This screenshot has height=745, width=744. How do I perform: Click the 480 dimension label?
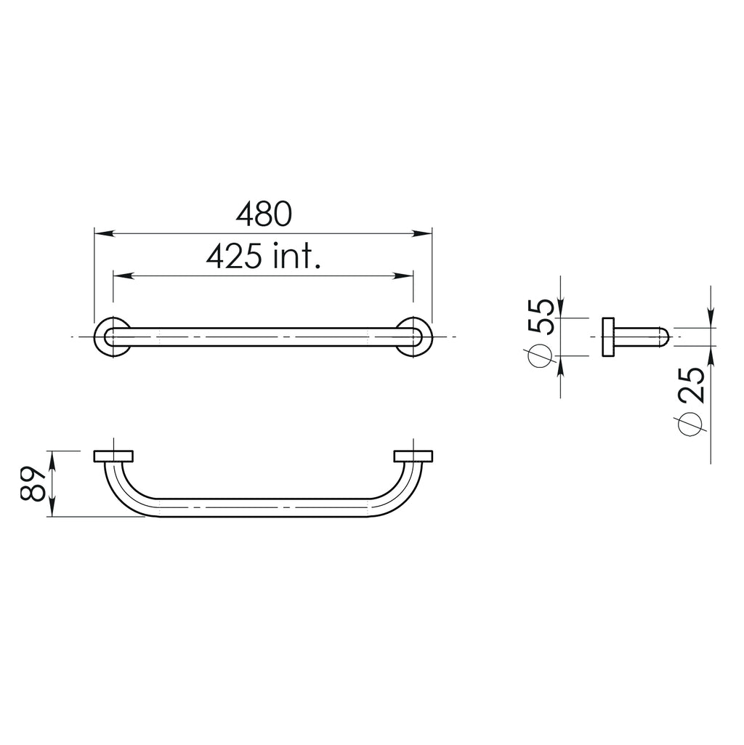pyautogui.click(x=264, y=214)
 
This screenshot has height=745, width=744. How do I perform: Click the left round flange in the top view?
pyautogui.click(x=113, y=337)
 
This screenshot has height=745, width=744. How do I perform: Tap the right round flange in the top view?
pyautogui.click(x=414, y=337)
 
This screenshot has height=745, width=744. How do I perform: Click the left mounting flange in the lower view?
pyautogui.click(x=113, y=456)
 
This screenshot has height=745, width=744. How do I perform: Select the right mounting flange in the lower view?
pyautogui.click(x=413, y=456)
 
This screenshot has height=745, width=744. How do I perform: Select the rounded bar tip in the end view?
pyautogui.click(x=663, y=337)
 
